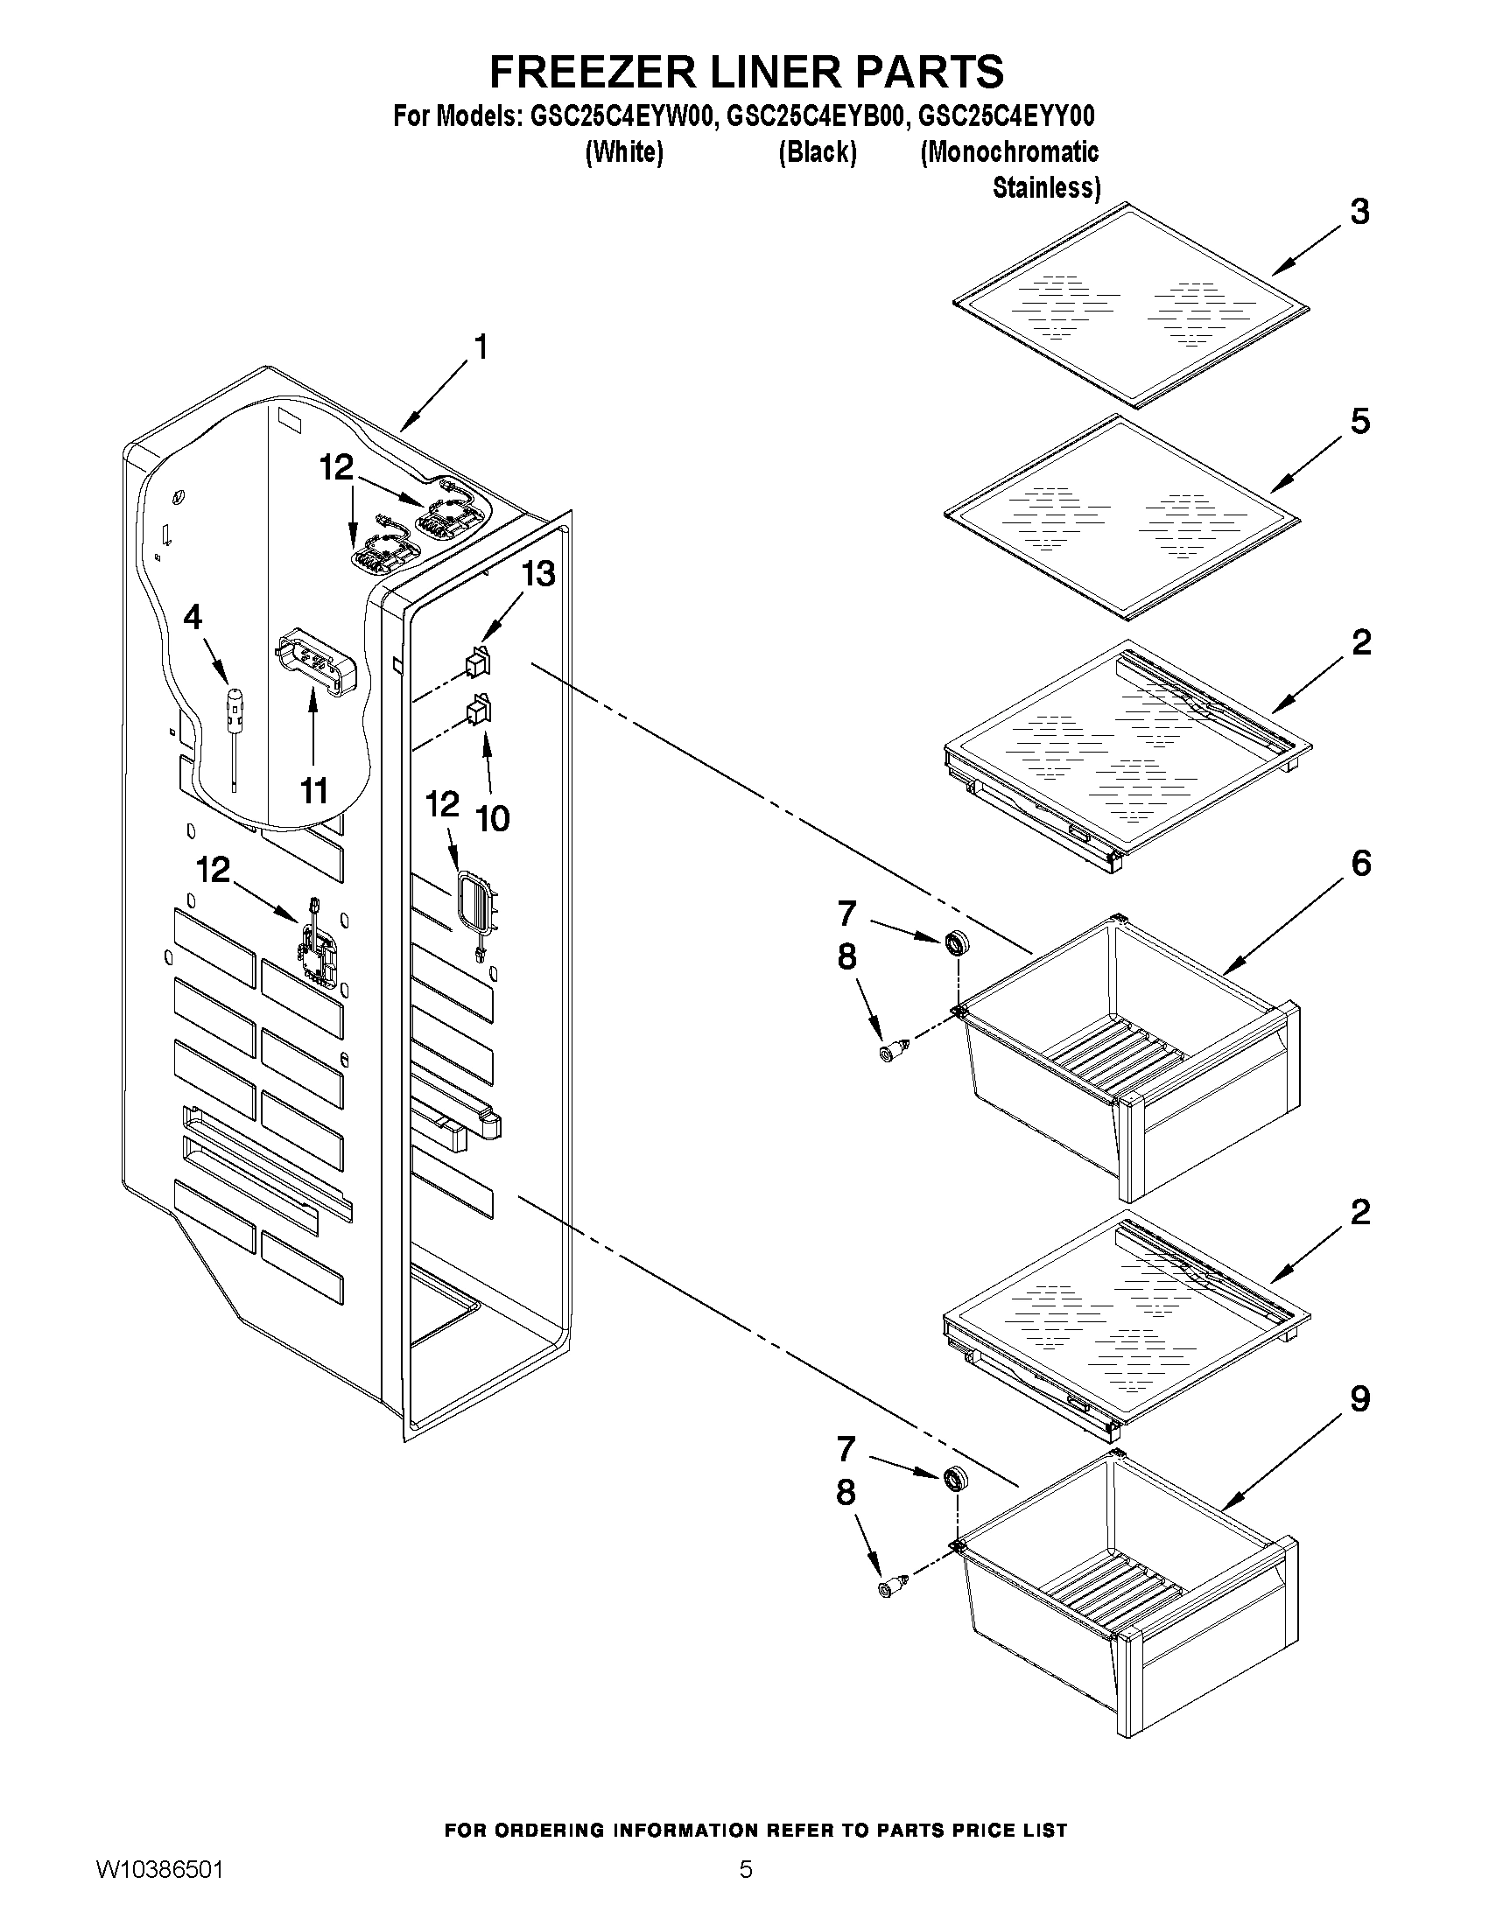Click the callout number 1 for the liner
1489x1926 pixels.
(x=481, y=347)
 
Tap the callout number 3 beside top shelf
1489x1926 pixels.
(x=1359, y=212)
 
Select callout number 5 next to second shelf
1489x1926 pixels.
(x=1359, y=422)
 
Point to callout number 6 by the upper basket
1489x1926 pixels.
(x=1360, y=863)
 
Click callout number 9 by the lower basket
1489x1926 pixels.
(x=1359, y=1398)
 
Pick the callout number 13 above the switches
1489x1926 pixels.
(x=537, y=574)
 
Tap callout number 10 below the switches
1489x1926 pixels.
(x=492, y=818)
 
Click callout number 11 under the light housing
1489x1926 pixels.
(x=314, y=791)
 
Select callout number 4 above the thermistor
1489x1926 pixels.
(x=193, y=617)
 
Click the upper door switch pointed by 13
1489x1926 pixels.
(x=478, y=662)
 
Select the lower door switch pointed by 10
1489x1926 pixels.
(x=478, y=709)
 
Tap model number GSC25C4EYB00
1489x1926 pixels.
(x=815, y=116)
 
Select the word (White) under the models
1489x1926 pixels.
(x=623, y=152)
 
